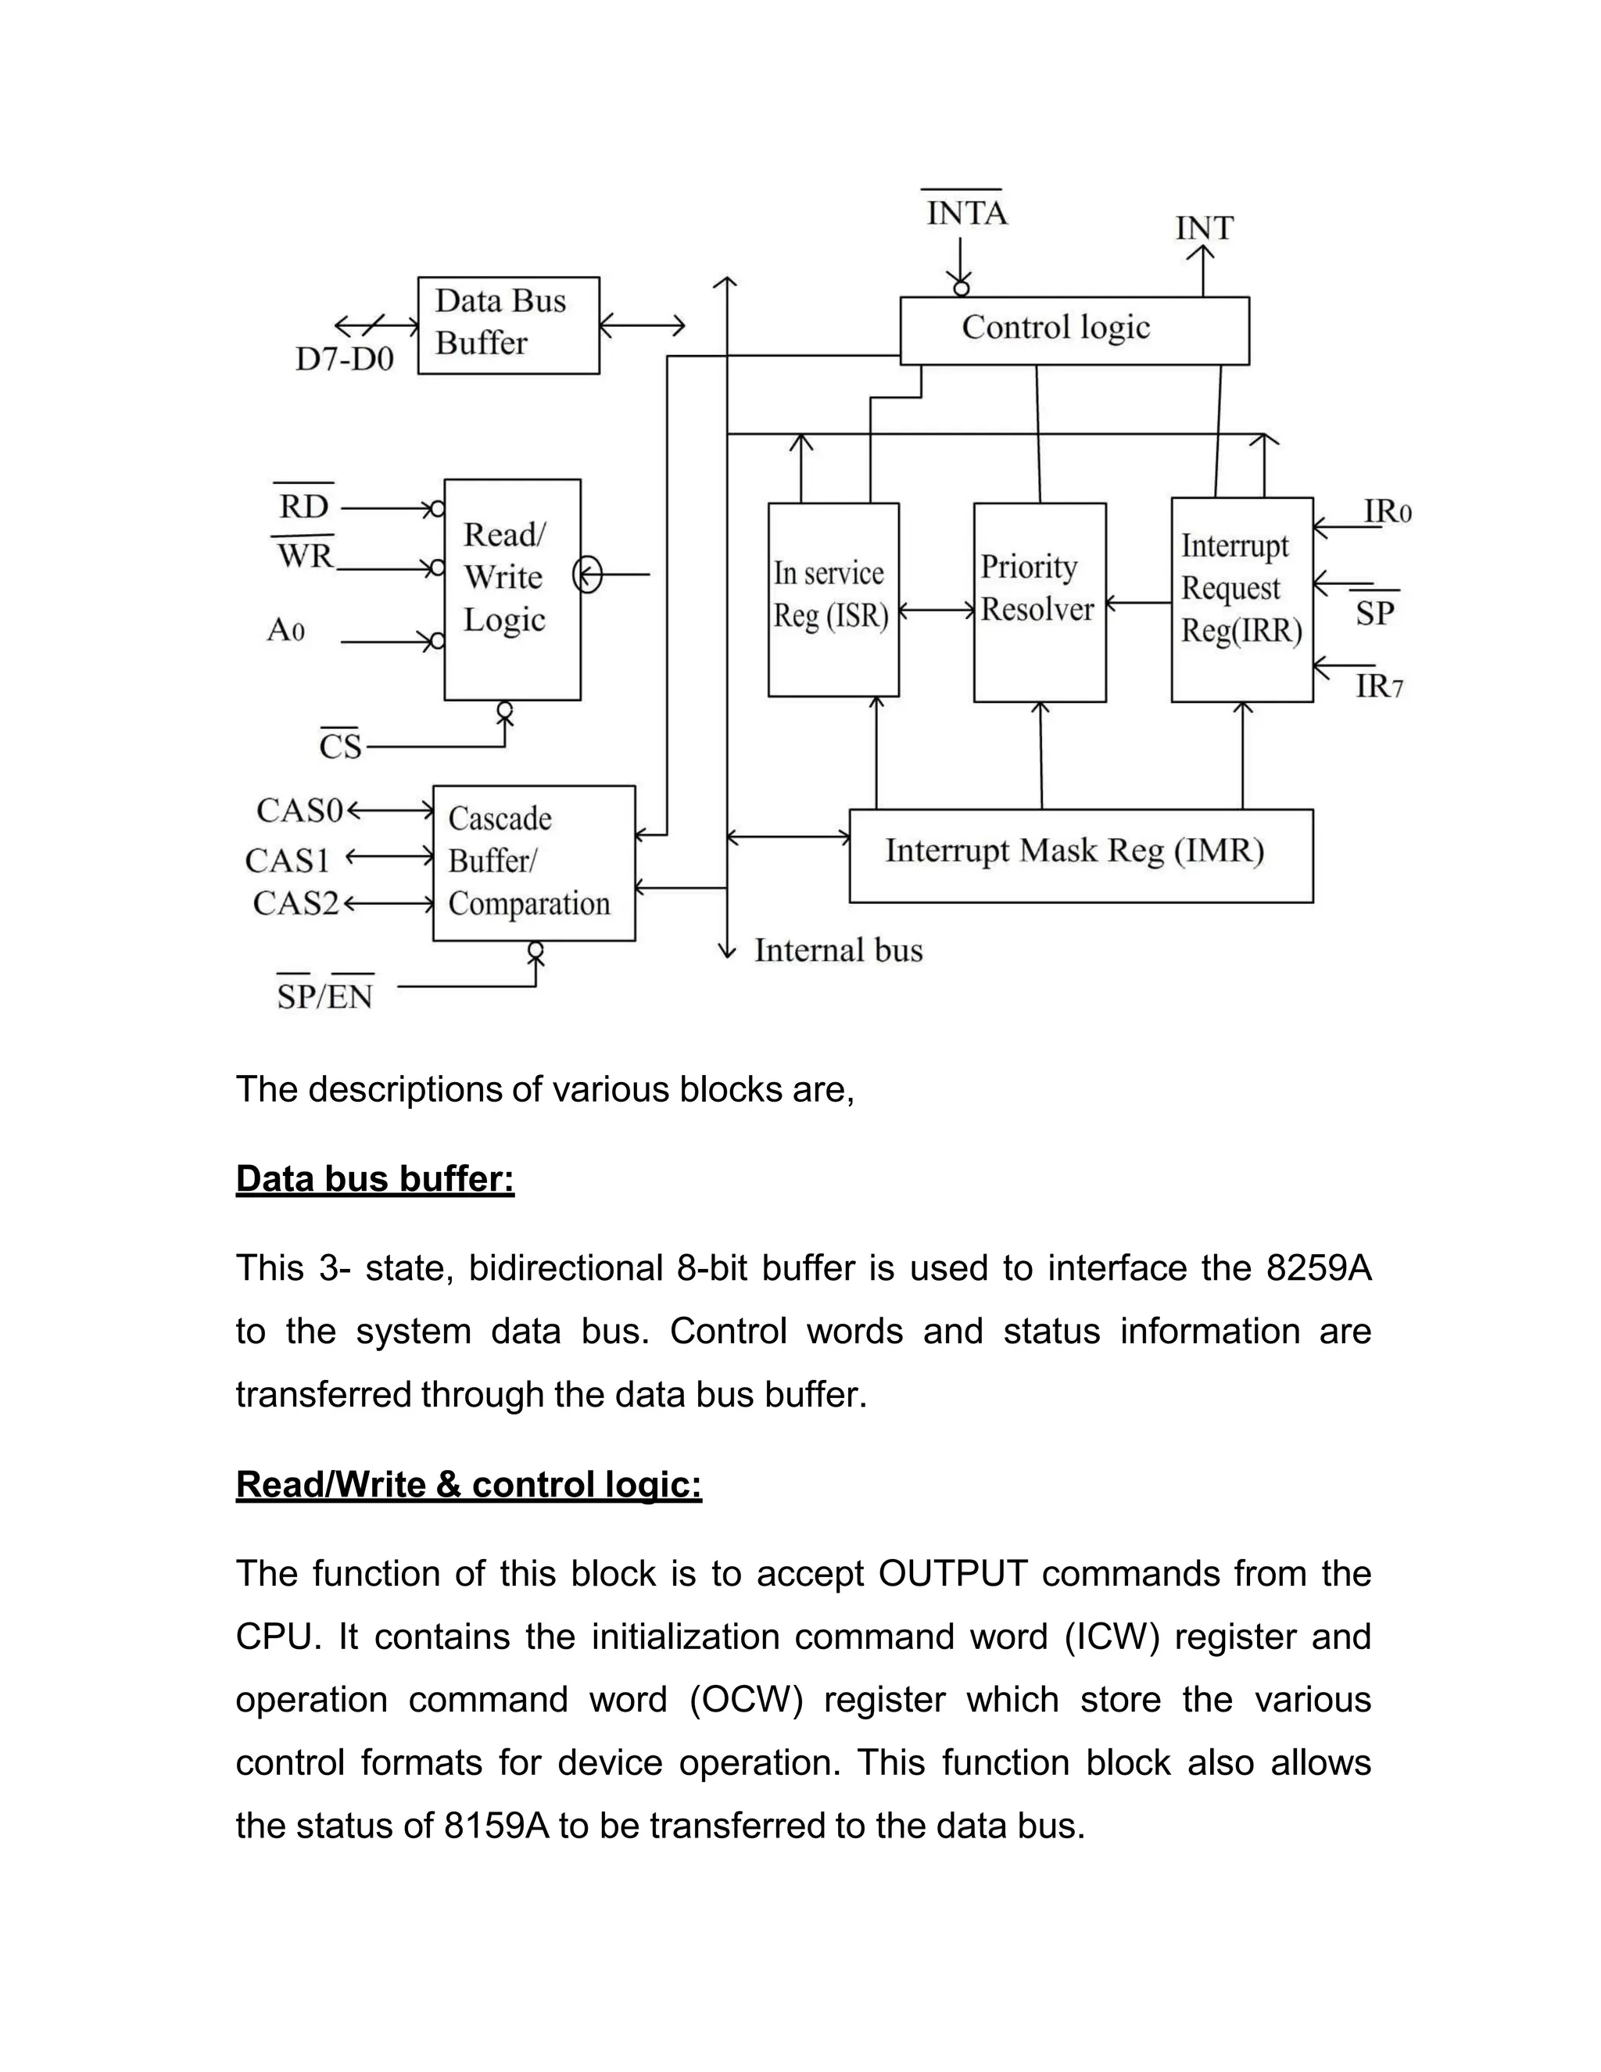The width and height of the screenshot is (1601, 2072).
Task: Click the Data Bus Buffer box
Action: [x=508, y=324]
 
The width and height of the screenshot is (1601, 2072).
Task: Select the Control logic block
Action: [x=1073, y=330]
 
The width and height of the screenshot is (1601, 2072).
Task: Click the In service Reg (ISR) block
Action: [x=833, y=600]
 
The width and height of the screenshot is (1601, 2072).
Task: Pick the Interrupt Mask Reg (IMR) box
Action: [x=1080, y=855]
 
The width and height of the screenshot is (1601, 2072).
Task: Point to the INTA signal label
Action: [x=965, y=213]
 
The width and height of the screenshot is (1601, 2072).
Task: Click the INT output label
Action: [x=1204, y=228]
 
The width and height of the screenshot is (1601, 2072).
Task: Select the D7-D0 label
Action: [x=344, y=360]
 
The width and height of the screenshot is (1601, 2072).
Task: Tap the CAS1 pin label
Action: [x=288, y=861]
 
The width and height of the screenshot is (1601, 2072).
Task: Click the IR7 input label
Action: [x=1378, y=686]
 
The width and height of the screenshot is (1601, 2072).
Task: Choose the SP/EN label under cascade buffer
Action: [x=324, y=996]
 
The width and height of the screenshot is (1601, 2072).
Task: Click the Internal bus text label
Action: [x=837, y=951]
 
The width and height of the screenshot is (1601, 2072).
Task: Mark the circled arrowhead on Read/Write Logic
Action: [x=588, y=575]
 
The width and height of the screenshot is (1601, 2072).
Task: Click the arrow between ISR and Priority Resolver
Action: [x=936, y=610]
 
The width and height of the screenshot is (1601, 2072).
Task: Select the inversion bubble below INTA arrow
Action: [x=961, y=288]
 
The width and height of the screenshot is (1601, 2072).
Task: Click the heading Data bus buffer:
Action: [x=374, y=1179]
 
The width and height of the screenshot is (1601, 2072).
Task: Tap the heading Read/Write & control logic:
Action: [x=468, y=1485]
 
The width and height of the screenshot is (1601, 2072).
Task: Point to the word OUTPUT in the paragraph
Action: [x=952, y=1574]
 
